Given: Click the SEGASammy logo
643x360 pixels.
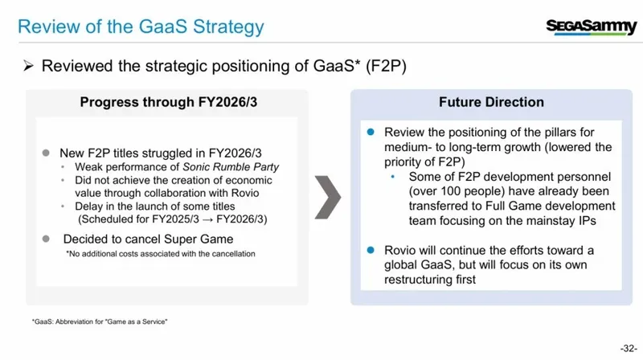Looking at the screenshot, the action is (591, 27).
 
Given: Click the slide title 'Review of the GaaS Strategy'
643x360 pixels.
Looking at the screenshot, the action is (141, 27).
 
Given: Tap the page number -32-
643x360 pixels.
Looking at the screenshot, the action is (629, 349).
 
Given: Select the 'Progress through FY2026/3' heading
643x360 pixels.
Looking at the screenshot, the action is (169, 102).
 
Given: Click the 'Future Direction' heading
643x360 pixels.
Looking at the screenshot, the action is (491, 102).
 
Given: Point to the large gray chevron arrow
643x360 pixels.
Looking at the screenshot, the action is (328, 197).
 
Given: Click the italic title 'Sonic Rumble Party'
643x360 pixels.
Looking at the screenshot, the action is (231, 167).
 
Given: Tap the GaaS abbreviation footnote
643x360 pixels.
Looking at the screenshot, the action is (100, 321).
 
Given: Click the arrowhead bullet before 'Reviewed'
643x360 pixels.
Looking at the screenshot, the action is (28, 66).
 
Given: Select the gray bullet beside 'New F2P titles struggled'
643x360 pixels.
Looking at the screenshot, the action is (46, 153).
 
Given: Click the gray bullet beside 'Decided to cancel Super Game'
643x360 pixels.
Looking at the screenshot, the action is (46, 239).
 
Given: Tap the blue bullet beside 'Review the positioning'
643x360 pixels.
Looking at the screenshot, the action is (371, 132).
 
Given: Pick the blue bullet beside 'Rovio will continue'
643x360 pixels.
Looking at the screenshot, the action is (371, 250).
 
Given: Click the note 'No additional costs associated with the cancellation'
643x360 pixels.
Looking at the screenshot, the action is (161, 254).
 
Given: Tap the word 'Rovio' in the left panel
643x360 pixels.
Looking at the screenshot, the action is (245, 193).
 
